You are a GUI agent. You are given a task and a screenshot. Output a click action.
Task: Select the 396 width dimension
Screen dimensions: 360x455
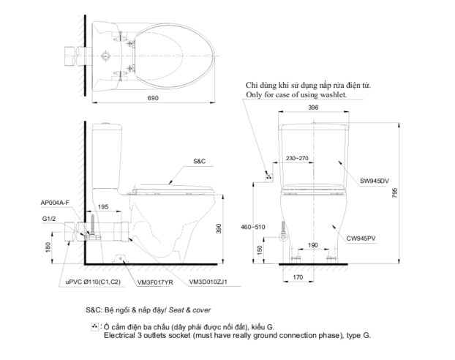[x=313, y=108]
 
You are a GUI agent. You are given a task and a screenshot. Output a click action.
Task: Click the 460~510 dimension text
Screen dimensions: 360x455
[x=252, y=228]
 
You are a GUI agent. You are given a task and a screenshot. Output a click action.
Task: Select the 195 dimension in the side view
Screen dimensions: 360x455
[x=103, y=208]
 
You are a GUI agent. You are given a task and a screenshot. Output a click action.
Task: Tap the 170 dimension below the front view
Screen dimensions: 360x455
[x=298, y=278]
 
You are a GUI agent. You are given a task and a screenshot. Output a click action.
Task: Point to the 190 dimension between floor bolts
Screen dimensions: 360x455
[x=313, y=246]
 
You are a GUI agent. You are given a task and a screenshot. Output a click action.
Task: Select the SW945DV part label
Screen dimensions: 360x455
[x=374, y=180]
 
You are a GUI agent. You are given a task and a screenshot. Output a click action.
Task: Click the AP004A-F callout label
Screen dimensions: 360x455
[x=56, y=202]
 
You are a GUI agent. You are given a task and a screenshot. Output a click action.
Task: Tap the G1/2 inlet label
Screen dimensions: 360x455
[x=48, y=217]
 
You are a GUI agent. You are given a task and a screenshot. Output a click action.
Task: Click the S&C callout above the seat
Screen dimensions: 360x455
[x=200, y=160]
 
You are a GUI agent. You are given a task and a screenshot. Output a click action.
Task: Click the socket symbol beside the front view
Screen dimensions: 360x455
[x=268, y=176]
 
